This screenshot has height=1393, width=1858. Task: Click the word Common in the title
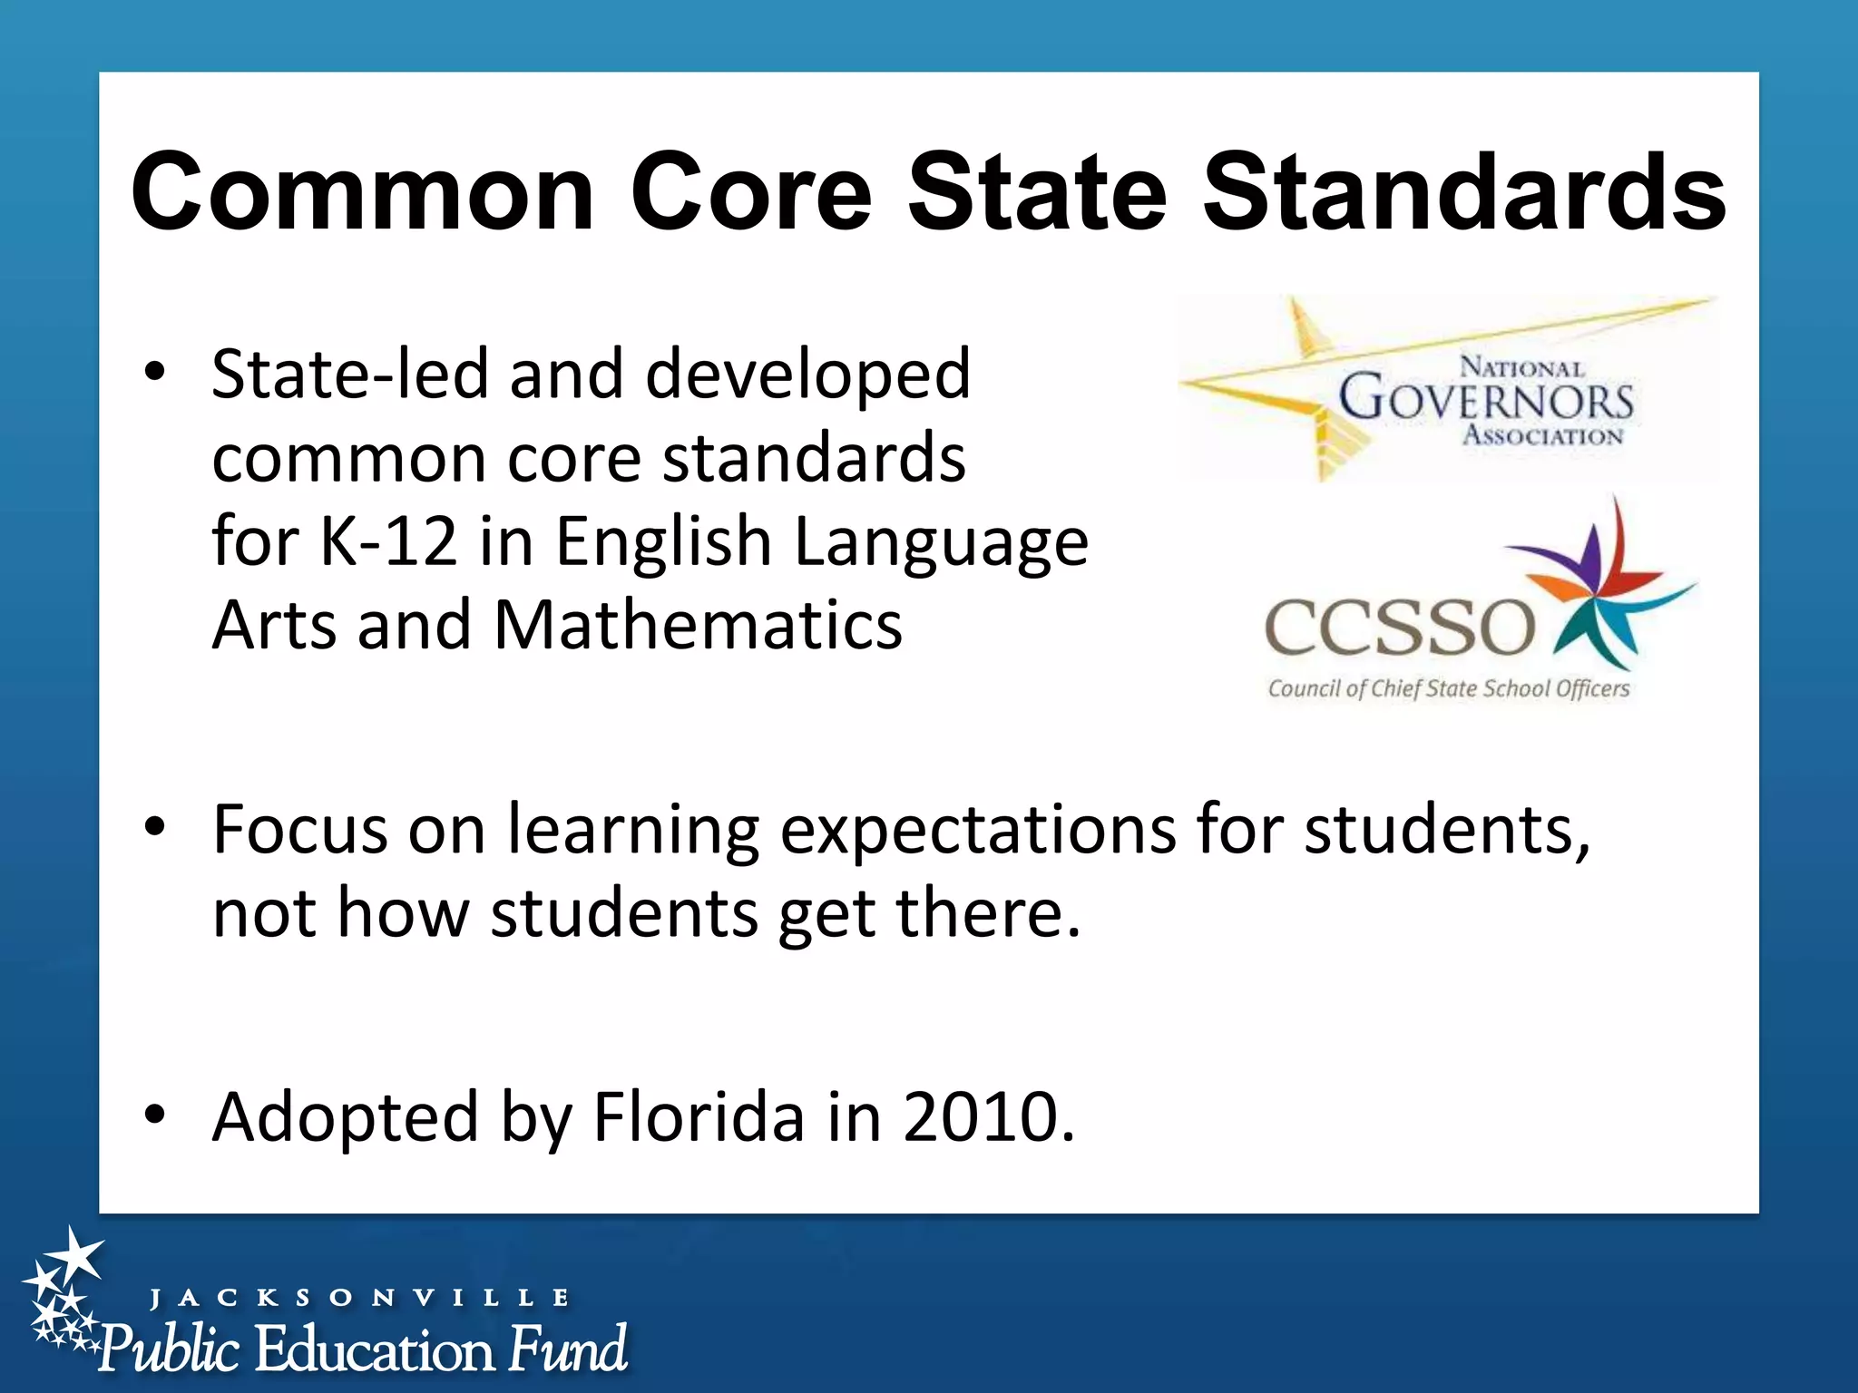(x=363, y=193)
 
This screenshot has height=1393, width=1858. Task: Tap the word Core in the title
(x=751, y=193)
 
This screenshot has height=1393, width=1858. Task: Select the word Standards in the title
(x=1463, y=193)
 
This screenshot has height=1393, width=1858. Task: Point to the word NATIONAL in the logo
(x=1521, y=367)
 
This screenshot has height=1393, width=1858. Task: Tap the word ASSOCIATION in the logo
(x=1542, y=436)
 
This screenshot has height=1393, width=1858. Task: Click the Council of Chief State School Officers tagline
(x=1448, y=689)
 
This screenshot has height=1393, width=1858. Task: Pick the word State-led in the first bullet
(x=349, y=375)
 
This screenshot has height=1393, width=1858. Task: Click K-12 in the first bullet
(x=388, y=541)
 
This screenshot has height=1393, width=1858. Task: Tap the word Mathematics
(x=698, y=626)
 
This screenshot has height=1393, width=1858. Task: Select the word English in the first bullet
(x=662, y=541)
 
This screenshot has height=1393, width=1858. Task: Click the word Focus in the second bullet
(x=299, y=829)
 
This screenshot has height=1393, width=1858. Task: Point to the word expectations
(x=978, y=831)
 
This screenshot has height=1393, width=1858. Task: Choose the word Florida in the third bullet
(x=699, y=1116)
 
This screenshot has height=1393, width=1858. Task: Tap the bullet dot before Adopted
(x=155, y=1114)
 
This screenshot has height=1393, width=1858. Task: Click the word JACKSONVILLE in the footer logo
(x=359, y=1298)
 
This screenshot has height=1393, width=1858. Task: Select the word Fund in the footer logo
(x=568, y=1349)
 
